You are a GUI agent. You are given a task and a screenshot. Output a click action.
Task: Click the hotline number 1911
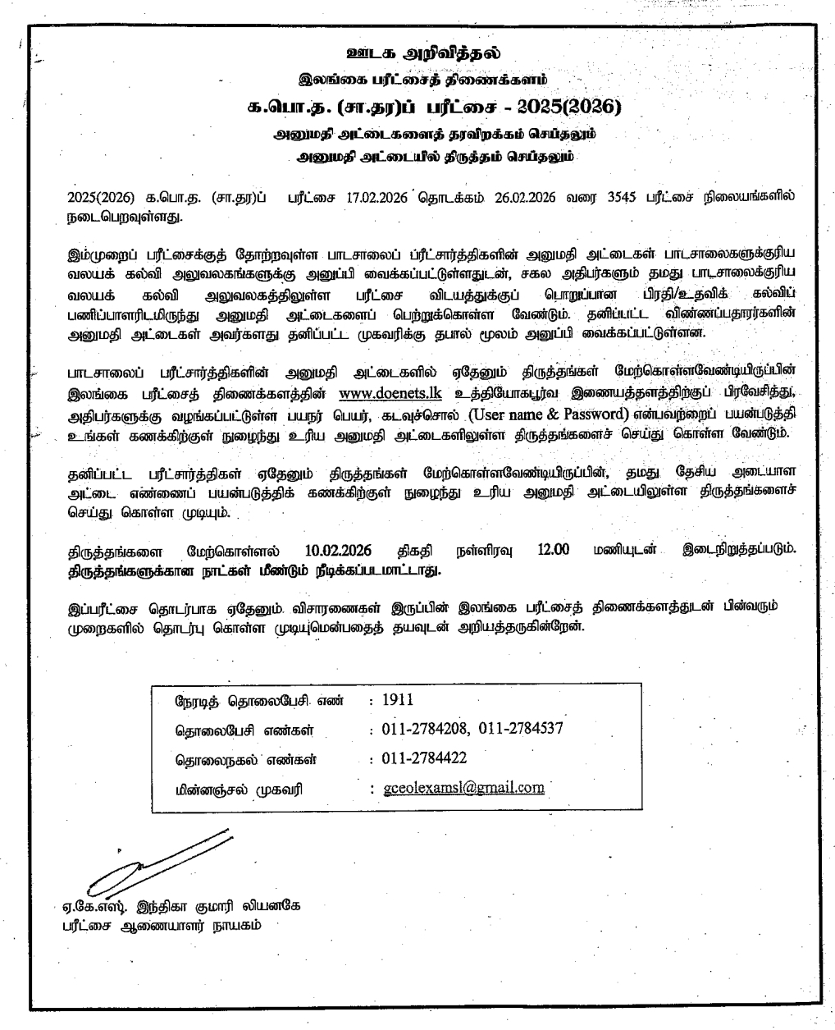point(398,700)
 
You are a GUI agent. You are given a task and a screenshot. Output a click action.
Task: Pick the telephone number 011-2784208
point(425,729)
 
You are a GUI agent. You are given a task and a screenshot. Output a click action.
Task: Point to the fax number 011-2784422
point(425,758)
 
